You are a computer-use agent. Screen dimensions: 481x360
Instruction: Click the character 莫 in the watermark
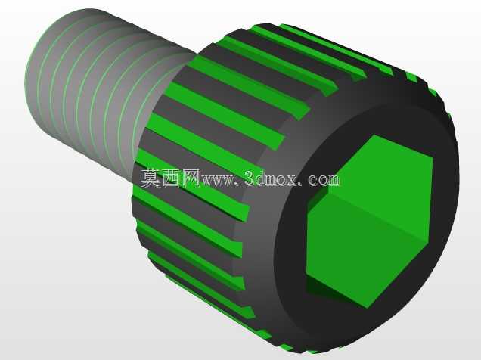coord(151,178)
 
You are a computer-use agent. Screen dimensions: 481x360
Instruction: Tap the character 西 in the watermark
coord(172,178)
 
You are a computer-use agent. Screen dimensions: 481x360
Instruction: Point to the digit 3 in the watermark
coord(250,178)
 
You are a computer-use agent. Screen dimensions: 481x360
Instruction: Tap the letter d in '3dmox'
coord(261,178)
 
